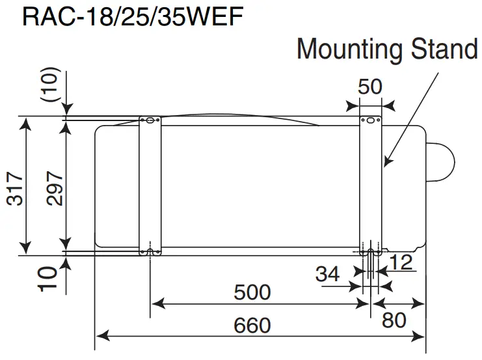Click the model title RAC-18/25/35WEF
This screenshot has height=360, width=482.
(x=133, y=16)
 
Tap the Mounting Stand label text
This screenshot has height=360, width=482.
(x=387, y=49)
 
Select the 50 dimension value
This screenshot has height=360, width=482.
(x=370, y=87)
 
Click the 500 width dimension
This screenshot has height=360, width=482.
(x=252, y=292)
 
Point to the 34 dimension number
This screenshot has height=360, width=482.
(x=327, y=274)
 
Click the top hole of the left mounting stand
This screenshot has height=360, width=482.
(x=150, y=120)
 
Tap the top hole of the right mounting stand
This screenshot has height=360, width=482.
(x=371, y=120)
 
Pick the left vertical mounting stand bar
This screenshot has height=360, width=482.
(x=150, y=186)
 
